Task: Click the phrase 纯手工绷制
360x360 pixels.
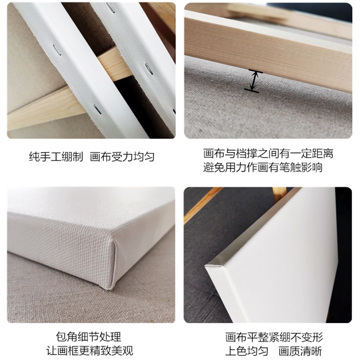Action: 56,157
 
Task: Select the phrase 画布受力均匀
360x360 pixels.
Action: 122,157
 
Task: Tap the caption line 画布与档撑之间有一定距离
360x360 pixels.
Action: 268,154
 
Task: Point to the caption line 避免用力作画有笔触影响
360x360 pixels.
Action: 263,167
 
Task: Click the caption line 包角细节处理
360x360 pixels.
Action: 88,337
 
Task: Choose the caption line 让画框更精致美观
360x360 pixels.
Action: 89,351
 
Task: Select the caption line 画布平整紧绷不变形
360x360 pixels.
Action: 274,337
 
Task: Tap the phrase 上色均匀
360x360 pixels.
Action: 246,351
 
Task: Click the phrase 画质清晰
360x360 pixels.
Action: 300,351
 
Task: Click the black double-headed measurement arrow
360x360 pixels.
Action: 254,81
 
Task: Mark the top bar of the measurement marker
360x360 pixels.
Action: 256,71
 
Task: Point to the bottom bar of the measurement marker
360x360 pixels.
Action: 251,91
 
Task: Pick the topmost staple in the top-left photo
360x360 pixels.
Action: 111,8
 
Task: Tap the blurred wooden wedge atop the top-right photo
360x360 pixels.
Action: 257,12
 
